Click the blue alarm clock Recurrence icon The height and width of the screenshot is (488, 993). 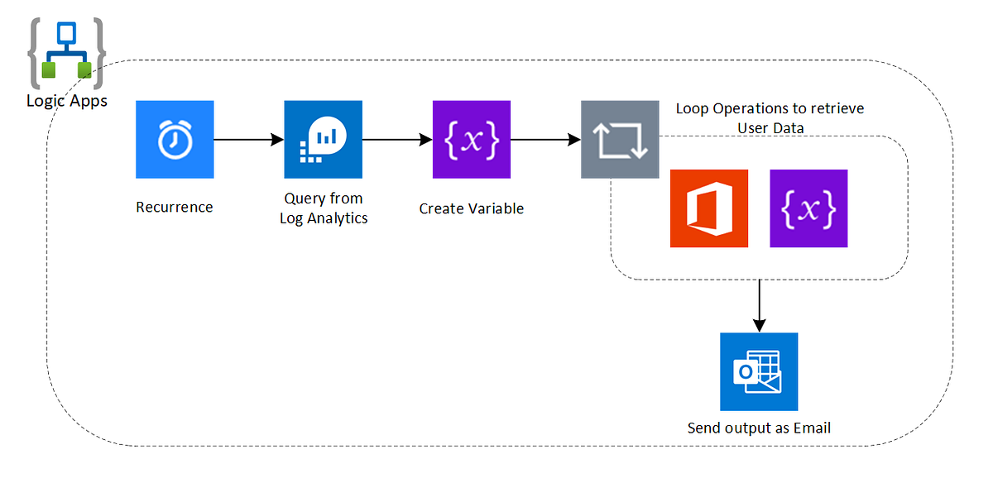coord(175,140)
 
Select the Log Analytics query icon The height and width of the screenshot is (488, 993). coord(323,140)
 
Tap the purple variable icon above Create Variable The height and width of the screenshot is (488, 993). coord(472,140)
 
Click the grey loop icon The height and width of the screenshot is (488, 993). coord(620,140)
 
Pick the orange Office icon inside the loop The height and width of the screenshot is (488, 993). coord(709,208)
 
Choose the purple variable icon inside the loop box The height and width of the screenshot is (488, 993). coord(808,208)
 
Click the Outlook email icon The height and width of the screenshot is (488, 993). coord(759,371)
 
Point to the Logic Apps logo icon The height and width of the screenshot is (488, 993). coord(66,54)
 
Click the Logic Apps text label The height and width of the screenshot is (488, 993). coord(66,102)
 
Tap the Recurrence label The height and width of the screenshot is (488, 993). coord(175,207)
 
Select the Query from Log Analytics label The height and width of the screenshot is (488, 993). coord(324,208)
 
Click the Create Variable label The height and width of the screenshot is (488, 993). coord(472,208)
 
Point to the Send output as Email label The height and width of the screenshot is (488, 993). coord(759,428)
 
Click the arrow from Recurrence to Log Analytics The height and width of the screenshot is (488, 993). coord(248,140)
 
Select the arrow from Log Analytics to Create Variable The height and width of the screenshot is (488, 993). coord(397,140)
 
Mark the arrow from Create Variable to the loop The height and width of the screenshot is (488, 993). coord(545,140)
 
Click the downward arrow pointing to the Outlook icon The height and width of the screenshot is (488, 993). coord(759,305)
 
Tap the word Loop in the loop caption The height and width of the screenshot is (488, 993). coord(692,108)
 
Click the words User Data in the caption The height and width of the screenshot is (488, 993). coord(770,127)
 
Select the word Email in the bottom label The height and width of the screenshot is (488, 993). coord(812,428)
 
